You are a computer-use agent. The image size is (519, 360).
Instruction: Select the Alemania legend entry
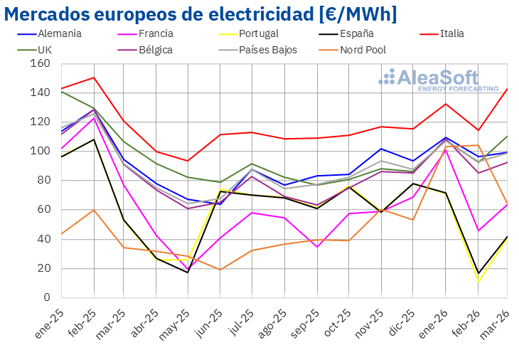58,33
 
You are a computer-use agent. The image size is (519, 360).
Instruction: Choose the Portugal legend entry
259,33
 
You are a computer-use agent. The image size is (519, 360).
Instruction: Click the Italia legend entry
452,33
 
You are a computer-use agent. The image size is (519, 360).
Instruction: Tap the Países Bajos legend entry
267,50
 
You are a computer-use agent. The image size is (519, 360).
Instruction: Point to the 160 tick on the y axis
41,64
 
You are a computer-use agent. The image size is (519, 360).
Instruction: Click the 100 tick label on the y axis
41,152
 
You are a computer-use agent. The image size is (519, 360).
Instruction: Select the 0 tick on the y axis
46,297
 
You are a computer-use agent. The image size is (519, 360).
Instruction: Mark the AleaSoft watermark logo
438,80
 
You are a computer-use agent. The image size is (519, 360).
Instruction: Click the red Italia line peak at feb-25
94,78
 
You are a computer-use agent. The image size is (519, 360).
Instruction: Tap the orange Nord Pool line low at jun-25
221,270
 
